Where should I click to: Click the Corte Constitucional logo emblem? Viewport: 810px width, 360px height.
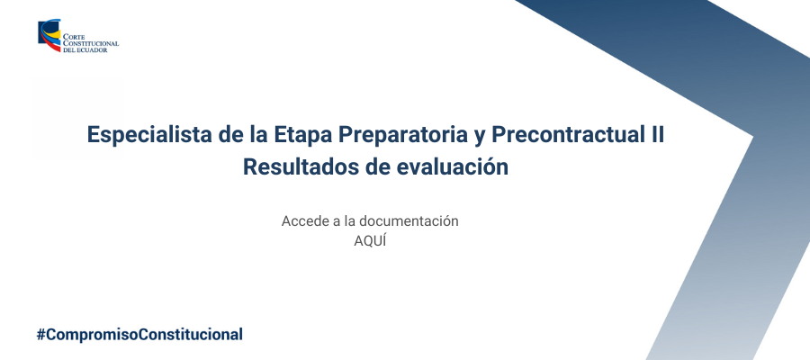(x=49, y=36)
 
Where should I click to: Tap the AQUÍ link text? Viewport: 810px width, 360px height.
(x=370, y=241)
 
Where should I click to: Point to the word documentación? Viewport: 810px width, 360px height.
(x=409, y=221)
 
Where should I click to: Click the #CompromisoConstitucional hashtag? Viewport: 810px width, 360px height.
(x=139, y=334)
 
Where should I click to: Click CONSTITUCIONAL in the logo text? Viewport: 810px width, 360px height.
(x=91, y=44)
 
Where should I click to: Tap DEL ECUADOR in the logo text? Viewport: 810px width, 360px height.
(x=85, y=50)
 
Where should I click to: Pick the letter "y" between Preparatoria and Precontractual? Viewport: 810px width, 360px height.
(x=478, y=138)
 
